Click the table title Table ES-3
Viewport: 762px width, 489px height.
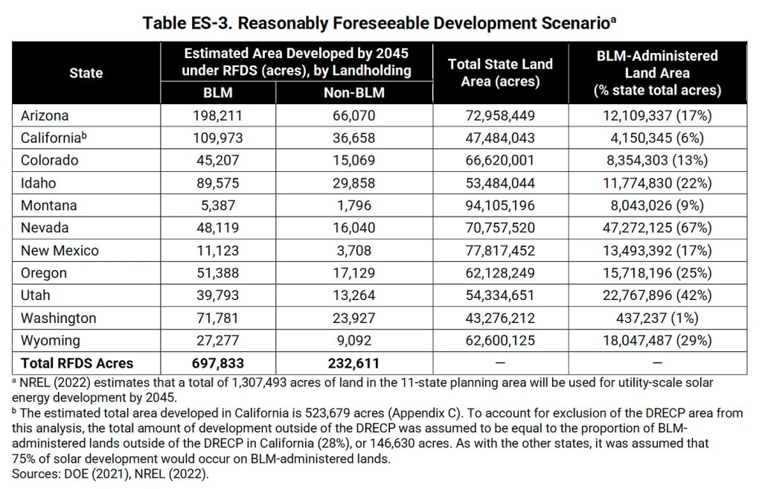point(382,23)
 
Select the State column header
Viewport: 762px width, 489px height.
point(86,73)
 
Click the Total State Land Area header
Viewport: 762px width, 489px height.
point(500,73)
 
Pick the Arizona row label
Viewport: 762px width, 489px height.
point(45,115)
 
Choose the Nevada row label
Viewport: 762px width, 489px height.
point(45,228)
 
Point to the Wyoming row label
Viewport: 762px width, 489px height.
point(50,340)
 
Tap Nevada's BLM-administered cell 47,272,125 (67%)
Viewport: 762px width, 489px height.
point(657,228)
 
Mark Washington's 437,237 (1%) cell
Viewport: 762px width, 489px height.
point(657,318)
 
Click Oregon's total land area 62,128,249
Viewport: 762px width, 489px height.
point(500,273)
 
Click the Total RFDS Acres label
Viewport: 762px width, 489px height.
point(77,363)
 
